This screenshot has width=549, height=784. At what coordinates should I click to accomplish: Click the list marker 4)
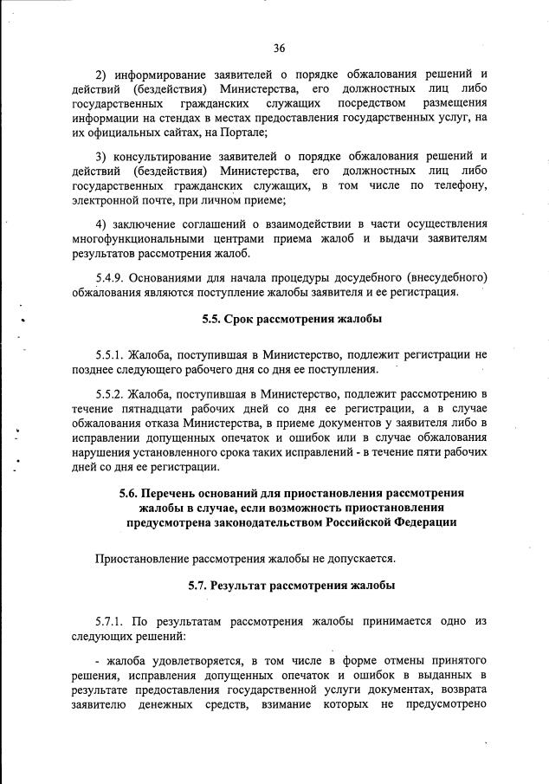click(101, 224)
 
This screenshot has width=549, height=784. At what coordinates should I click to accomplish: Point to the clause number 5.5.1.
click(113, 355)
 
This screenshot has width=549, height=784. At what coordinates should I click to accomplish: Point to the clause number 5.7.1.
click(113, 622)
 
